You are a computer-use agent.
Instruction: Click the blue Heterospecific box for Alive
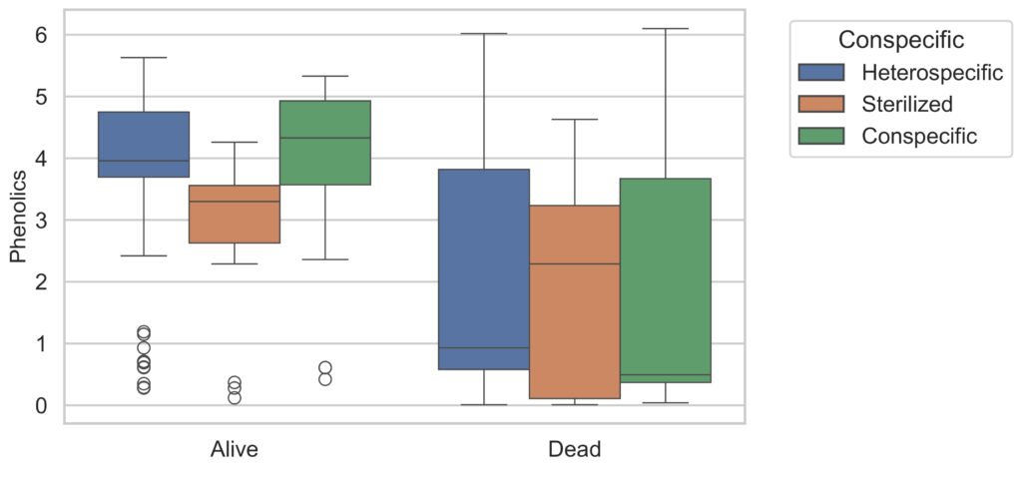point(144,144)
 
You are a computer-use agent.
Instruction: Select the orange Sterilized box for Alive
point(235,214)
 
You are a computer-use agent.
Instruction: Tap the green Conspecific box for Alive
point(325,143)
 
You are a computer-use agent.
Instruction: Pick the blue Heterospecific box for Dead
point(484,269)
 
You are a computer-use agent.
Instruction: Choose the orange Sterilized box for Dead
point(574,301)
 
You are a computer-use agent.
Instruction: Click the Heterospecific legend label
point(932,72)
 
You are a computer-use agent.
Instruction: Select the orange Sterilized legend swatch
point(821,104)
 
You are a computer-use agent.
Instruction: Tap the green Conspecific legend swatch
point(821,136)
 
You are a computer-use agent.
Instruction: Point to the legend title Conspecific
point(901,40)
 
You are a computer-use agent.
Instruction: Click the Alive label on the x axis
point(235,450)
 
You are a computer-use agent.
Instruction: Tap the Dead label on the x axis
point(574,450)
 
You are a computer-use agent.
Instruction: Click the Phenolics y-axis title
point(19,217)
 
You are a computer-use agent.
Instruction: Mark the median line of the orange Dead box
point(574,264)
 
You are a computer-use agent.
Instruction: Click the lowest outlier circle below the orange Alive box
point(235,397)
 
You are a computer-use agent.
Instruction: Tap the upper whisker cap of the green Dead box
point(665,29)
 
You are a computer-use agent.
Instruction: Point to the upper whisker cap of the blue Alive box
point(144,57)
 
